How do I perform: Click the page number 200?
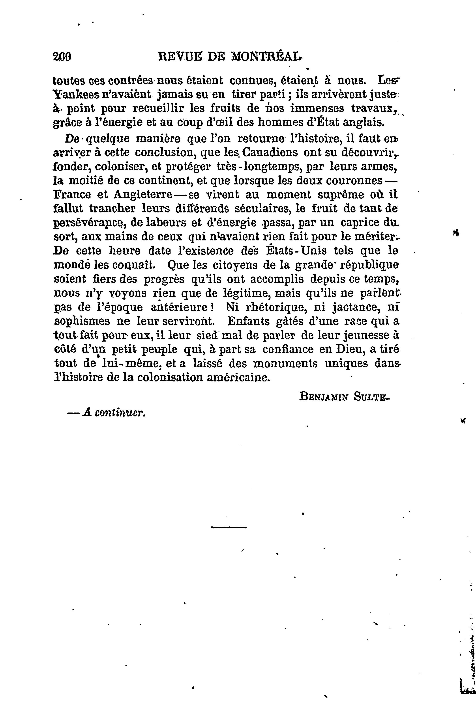[x=62, y=56]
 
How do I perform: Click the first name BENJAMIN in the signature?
[x=323, y=397]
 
